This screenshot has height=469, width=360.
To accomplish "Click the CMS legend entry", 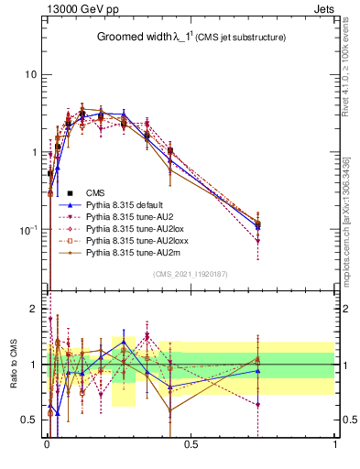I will [95, 192].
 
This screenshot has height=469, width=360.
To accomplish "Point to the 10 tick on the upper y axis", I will [31, 74].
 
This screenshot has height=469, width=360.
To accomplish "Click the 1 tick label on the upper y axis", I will [35, 152].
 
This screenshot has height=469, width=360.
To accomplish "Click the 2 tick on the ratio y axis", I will [35, 309].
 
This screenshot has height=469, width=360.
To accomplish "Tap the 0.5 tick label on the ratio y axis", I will [30, 420].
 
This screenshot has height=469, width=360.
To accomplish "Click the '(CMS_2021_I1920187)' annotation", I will [191, 274].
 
